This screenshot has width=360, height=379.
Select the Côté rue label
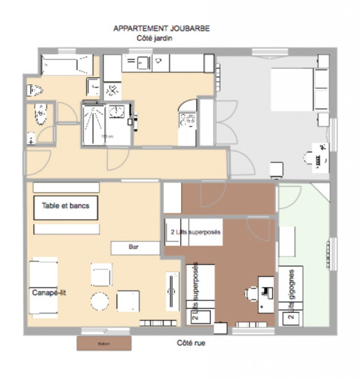(191, 343)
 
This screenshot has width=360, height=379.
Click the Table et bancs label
(65, 207)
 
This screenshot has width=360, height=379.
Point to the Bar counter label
(136, 247)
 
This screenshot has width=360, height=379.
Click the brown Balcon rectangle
(95, 343)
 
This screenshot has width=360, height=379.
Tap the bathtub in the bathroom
(66, 64)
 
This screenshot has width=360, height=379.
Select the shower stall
(94, 123)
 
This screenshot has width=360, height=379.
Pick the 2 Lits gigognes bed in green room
(291, 294)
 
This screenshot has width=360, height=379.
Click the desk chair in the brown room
(251, 292)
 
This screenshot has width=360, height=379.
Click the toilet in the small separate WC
(40, 112)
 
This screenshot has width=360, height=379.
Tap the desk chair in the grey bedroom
(310, 158)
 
